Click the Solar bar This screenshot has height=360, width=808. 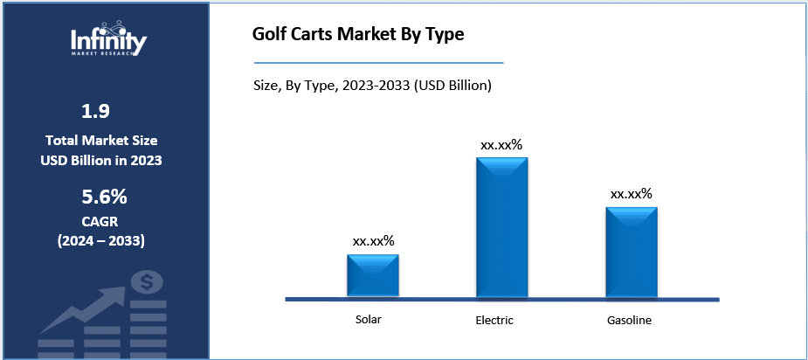tap(373, 275)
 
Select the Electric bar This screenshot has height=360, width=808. tap(501, 227)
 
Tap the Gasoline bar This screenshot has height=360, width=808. tap(632, 252)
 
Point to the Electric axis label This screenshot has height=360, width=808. tap(494, 320)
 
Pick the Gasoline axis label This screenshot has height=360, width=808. tap(629, 320)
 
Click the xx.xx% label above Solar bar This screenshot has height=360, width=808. tap(373, 240)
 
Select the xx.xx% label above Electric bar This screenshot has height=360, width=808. tap(501, 144)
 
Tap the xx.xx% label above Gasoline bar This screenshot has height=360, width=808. tap(632, 193)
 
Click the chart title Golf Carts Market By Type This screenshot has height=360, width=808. tap(358, 36)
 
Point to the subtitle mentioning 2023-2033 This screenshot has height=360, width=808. tap(370, 86)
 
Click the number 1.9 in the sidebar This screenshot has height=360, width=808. tap(96, 111)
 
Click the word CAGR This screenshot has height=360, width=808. tap(96, 222)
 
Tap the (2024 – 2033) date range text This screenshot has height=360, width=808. tap(96, 240)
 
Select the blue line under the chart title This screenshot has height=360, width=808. tap(378, 63)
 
